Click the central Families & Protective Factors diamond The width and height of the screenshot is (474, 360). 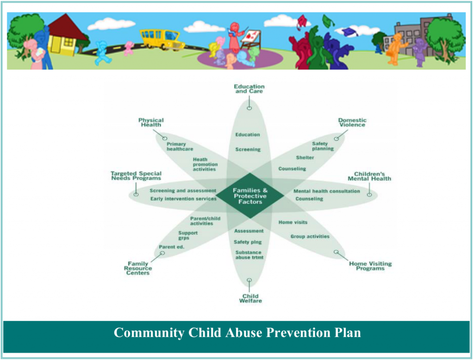250,196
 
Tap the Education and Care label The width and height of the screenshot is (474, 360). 249,88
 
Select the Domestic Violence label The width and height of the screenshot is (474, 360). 352,122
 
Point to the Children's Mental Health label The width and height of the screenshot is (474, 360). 369,177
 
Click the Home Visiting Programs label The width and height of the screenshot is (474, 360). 370,266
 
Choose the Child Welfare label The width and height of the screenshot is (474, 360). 250,298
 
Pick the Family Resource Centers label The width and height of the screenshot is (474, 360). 138,268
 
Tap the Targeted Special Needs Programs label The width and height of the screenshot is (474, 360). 136,176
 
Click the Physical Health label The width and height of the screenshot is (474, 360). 151,122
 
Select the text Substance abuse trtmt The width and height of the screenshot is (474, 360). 249,255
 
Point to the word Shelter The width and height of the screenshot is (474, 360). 305,158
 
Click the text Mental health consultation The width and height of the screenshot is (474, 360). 327,191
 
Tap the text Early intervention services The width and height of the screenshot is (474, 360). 183,199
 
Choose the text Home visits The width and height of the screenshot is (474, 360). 293,222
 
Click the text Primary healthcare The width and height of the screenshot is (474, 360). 180,146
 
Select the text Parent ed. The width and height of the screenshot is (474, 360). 171,247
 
